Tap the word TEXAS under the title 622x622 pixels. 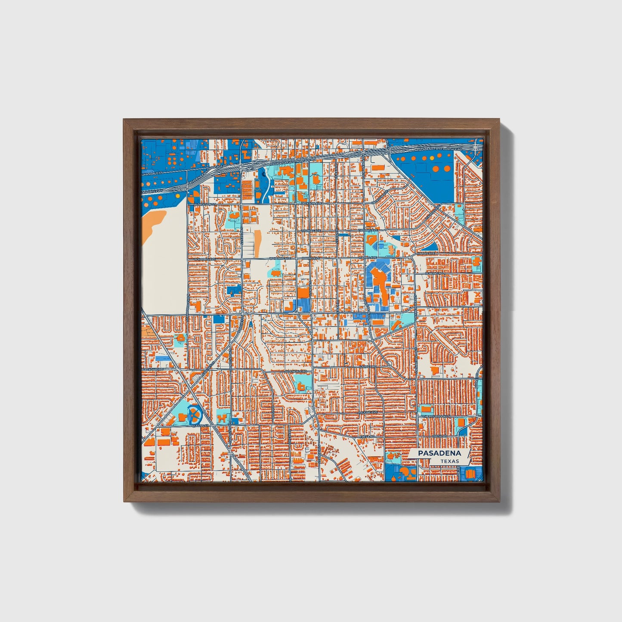click(x=450, y=461)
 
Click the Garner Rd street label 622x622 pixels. click(x=367, y=367)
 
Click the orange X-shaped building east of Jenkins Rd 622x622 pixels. click(x=477, y=295)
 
